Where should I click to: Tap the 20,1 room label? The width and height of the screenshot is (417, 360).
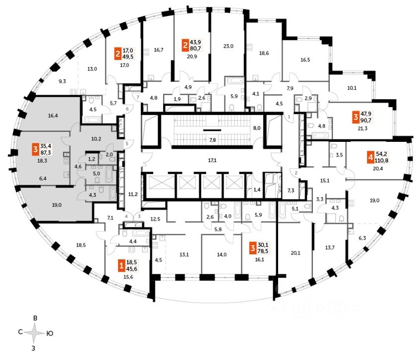coord(296,252)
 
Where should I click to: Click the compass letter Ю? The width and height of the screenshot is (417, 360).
coord(50,334)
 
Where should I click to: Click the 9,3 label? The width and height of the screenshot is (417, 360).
coord(62,80)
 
